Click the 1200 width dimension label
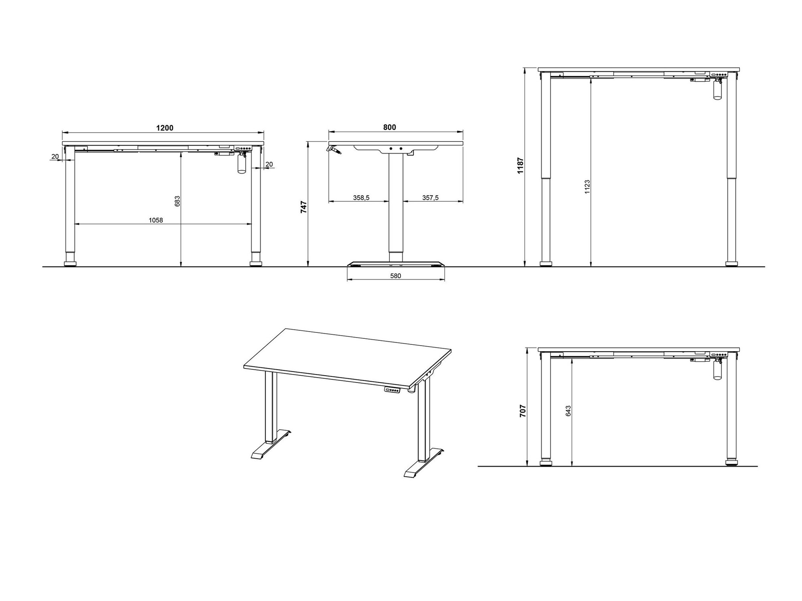point(164,128)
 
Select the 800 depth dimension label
point(389,127)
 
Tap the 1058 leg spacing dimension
point(156,220)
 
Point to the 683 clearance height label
point(178,201)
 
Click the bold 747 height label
point(304,207)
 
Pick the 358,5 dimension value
point(361,198)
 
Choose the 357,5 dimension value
point(430,198)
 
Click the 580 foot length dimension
point(395,276)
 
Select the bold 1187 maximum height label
point(520,166)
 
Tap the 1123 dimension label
point(587,187)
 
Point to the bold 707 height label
point(523,411)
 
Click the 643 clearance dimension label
point(568,411)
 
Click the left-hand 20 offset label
point(55,156)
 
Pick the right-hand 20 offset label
point(269,164)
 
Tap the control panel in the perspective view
point(392,390)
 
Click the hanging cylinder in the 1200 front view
point(241,164)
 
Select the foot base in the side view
point(396,264)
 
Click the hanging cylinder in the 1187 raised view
point(717,90)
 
